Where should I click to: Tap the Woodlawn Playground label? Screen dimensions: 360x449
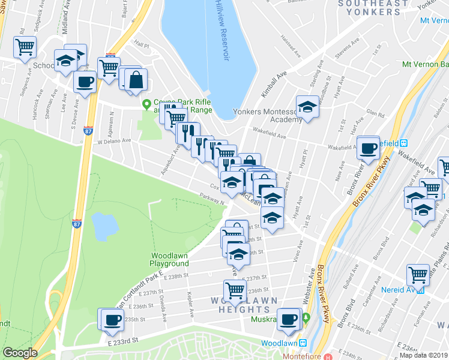coord(169,259)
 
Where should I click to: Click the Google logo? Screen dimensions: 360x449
coord(20,353)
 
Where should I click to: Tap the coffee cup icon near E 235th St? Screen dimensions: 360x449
coord(112,319)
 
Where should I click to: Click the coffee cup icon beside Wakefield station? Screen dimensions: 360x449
coord(369,147)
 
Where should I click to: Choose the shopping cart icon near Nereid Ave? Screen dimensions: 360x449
coord(418,275)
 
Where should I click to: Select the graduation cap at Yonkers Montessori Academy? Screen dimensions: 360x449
coord(307,107)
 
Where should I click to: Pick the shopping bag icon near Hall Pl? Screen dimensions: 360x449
coord(136,79)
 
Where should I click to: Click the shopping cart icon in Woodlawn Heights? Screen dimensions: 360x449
coord(235,290)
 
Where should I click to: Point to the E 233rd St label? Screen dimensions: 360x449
coord(123,340)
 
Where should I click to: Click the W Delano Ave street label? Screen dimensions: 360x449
coord(114,141)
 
